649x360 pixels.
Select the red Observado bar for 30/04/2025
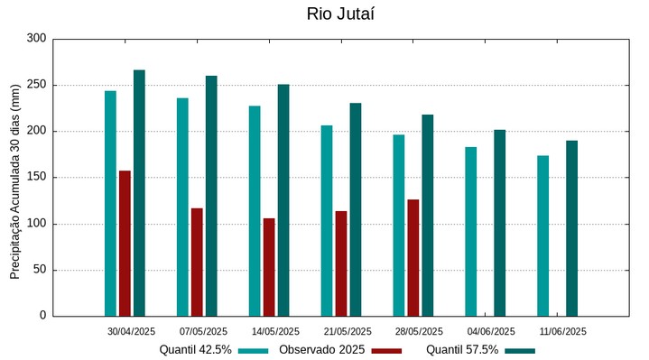125,243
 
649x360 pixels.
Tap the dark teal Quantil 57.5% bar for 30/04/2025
139,193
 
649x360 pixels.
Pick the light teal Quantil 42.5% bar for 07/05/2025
182,207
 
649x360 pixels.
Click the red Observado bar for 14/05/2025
269,267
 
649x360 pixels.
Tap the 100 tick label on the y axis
36,224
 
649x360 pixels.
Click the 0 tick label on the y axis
42,316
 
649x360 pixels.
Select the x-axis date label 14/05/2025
275,331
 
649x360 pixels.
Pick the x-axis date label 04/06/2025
492,331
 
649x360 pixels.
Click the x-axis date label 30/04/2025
131,331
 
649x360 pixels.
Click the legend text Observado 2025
321,349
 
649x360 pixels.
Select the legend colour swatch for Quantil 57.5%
520,350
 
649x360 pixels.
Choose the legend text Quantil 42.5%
195,349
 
